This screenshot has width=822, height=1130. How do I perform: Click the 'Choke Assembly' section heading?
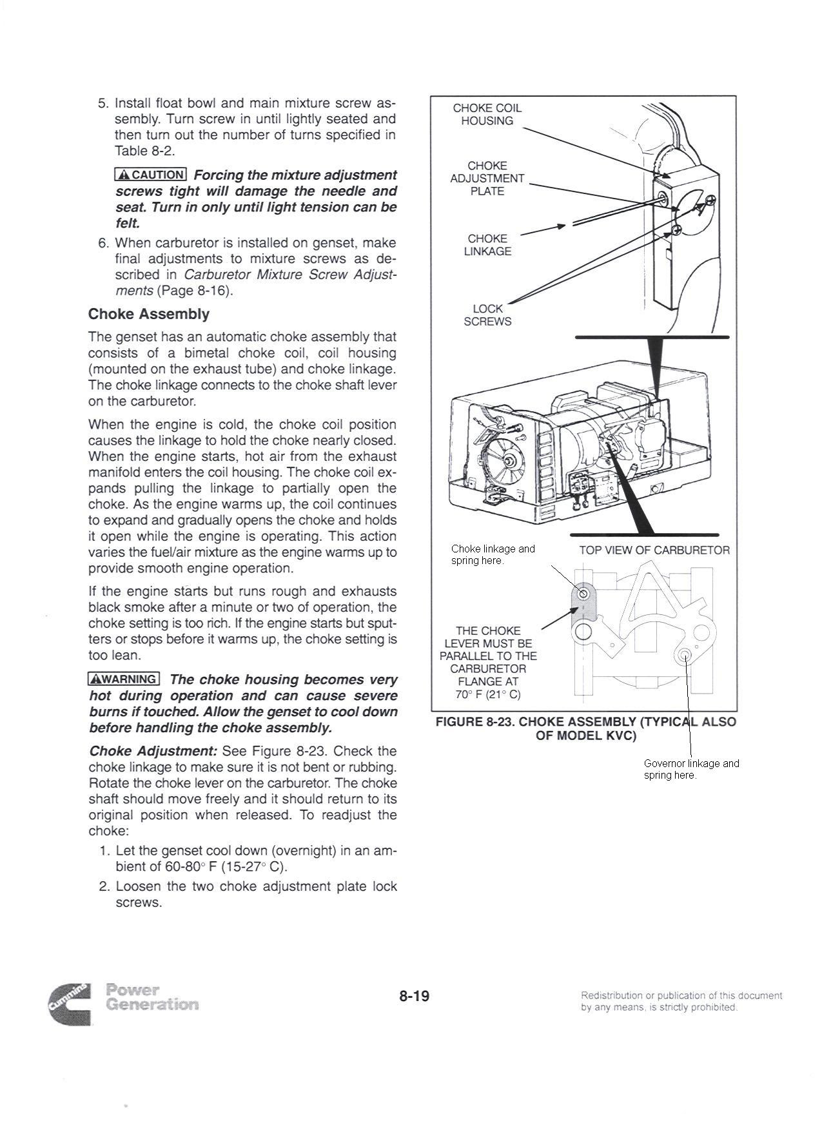[x=148, y=314]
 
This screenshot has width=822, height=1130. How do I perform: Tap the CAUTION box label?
[x=150, y=174]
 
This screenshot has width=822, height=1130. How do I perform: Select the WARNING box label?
[x=123, y=679]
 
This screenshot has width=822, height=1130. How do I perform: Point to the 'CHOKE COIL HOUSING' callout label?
[x=487, y=114]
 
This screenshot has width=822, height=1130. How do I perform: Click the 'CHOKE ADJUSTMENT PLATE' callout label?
[x=487, y=179]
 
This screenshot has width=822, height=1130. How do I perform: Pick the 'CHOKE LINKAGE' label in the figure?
[x=487, y=245]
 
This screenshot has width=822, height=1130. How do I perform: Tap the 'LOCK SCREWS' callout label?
[x=487, y=315]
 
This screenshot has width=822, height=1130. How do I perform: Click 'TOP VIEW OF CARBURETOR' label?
[x=654, y=550]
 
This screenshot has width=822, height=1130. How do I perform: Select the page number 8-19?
[x=414, y=996]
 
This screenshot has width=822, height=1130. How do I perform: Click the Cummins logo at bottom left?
[x=69, y=1004]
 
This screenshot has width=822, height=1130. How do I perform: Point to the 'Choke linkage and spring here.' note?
[x=493, y=554]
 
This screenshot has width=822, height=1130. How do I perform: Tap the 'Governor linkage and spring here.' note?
[x=691, y=769]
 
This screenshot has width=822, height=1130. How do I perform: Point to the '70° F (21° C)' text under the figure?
[x=487, y=694]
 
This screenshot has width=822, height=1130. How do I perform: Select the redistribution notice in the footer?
[x=681, y=1001]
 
